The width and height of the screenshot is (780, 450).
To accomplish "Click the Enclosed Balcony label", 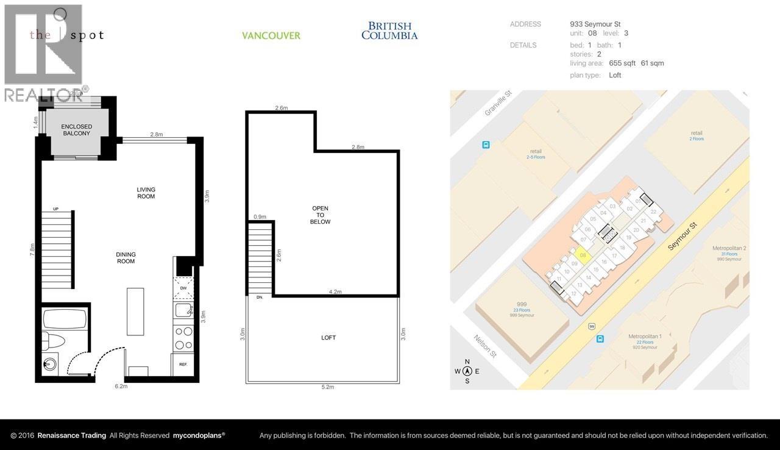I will point(76,130).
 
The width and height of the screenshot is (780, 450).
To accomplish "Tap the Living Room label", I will point(146,193).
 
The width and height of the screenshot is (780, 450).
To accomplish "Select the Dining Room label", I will point(126,258).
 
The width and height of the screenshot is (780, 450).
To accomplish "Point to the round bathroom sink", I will point(49,365).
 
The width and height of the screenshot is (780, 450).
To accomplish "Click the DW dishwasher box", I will point(183,288).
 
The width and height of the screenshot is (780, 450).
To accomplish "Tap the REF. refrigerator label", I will point(183,364).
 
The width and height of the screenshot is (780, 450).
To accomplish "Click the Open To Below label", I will point(321,215).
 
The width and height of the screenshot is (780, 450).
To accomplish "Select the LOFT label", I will point(328,337).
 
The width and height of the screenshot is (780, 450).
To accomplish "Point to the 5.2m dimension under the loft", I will point(328,387).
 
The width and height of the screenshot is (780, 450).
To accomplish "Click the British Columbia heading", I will point(389,30).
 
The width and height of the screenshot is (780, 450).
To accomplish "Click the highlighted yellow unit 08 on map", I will point(583,255).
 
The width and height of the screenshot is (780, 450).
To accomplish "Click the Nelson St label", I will point(484,346).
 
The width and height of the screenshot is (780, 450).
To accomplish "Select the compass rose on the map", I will point(467,371).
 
